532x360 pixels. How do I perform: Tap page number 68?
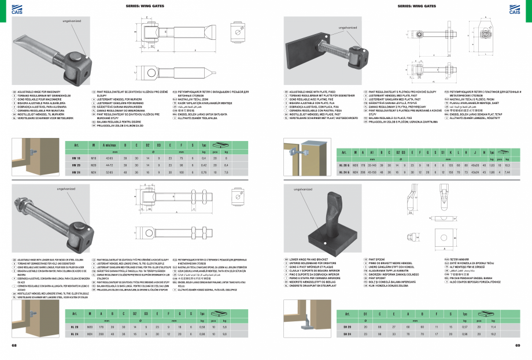[13, 346]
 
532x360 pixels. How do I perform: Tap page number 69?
[518, 346]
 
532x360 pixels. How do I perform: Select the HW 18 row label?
[75, 158]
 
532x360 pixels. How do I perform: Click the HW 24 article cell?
[75, 172]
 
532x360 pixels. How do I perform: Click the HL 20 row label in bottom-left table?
[75, 326]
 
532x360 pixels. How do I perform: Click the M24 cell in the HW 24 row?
[93, 172]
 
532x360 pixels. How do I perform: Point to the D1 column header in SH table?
[365, 313]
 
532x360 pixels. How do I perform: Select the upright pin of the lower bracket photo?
[335, 208]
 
